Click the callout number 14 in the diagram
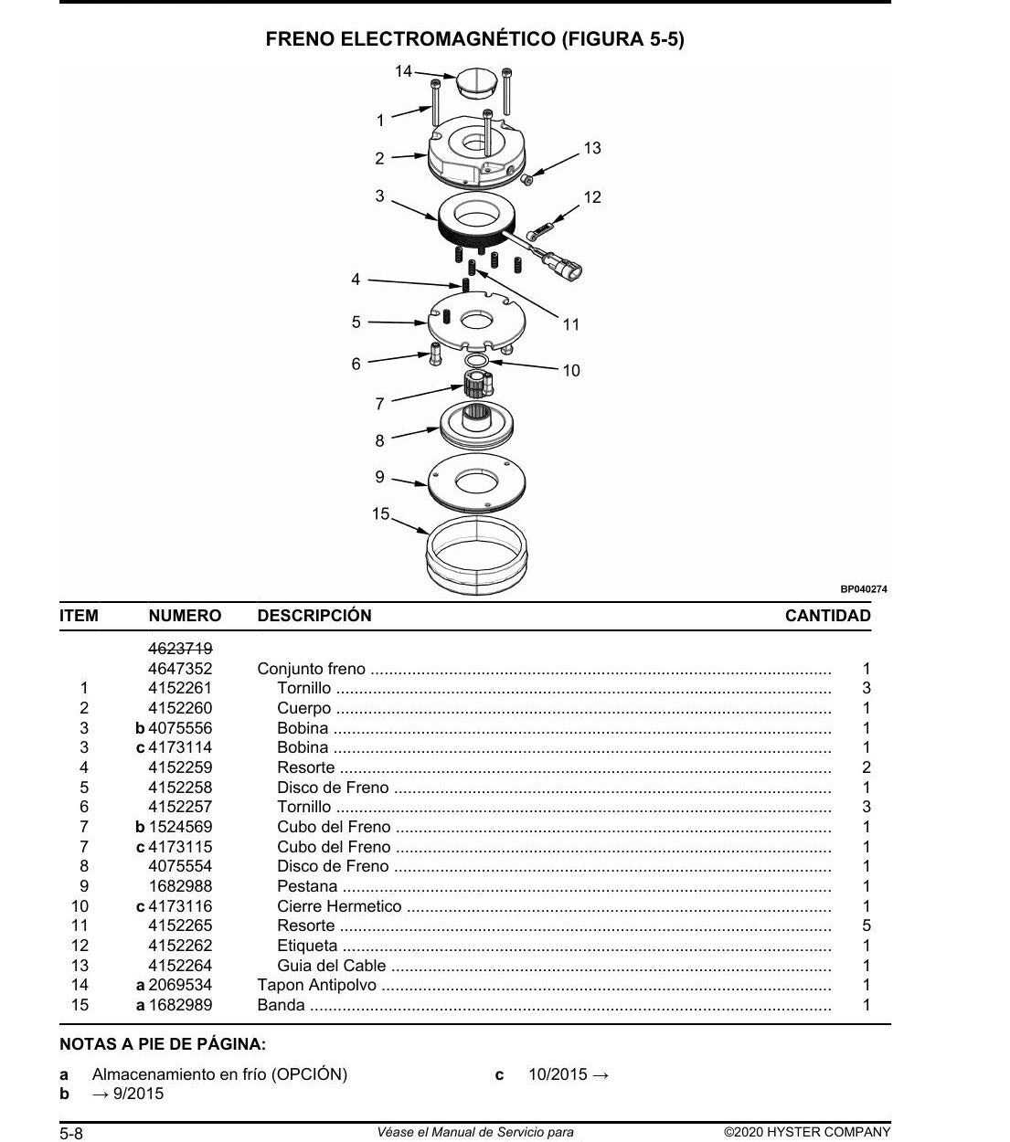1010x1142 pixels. pyautogui.click(x=403, y=71)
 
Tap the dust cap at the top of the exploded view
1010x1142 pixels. pyautogui.click(x=476, y=83)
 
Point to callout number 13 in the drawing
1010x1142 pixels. pyautogui.click(x=592, y=148)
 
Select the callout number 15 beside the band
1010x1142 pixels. pyautogui.click(x=380, y=513)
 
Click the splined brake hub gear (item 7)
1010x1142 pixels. pyautogui.click(x=478, y=384)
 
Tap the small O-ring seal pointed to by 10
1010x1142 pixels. pyautogui.click(x=476, y=361)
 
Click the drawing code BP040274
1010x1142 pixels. pyautogui.click(x=864, y=589)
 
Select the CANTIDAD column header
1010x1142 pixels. pyautogui.click(x=828, y=616)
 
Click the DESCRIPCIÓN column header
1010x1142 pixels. pyautogui.click(x=314, y=615)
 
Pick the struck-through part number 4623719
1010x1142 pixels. pyautogui.click(x=180, y=649)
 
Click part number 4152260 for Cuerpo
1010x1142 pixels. pyautogui.click(x=180, y=708)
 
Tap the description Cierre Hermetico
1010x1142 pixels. pyautogui.click(x=339, y=906)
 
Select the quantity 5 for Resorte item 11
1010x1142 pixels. pyautogui.click(x=866, y=925)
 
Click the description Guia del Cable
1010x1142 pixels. pyautogui.click(x=332, y=966)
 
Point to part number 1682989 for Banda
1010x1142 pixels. pyautogui.click(x=180, y=1005)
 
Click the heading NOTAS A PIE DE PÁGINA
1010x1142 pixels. pyautogui.click(x=163, y=1044)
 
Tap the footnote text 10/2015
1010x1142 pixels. pyautogui.click(x=558, y=1074)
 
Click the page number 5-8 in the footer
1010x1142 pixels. pyautogui.click(x=71, y=1134)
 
